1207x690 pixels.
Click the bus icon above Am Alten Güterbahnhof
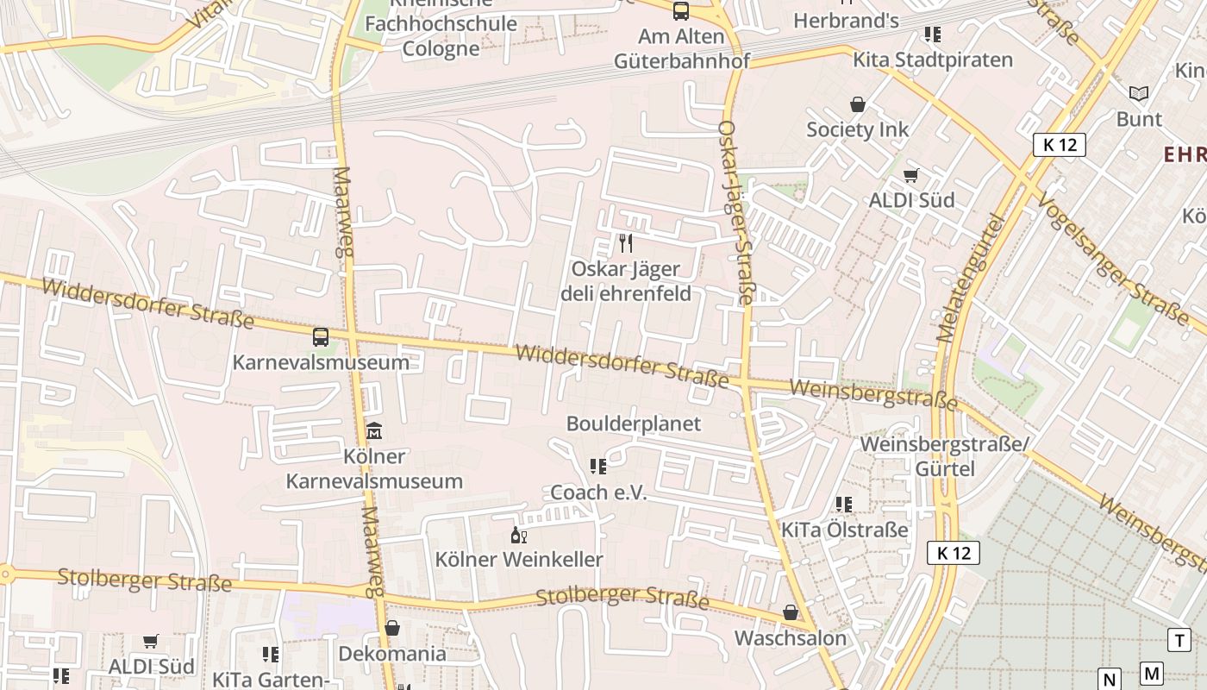tap(681, 11)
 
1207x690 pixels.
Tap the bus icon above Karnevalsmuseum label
tap(321, 336)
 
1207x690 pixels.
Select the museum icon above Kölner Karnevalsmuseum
tap(374, 430)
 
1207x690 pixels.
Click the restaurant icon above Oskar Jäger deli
tap(626, 243)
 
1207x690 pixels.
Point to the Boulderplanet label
tap(634, 423)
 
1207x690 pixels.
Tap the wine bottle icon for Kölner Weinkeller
tap(518, 536)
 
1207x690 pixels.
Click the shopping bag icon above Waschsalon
tap(791, 613)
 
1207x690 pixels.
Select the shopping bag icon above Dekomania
tap(392, 628)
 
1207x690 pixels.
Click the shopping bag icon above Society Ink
tap(858, 104)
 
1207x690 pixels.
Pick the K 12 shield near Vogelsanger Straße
tap(1060, 144)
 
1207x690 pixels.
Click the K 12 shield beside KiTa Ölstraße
tap(954, 553)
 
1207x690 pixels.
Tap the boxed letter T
tap(1179, 640)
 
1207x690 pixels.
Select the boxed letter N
tap(1110, 678)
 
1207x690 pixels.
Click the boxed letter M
tap(1151, 674)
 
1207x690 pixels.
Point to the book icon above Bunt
tap(1139, 93)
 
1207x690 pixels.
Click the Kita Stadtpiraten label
tap(933, 60)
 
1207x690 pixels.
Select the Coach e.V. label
tap(598, 492)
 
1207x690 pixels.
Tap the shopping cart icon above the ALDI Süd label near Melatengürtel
tap(911, 176)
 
